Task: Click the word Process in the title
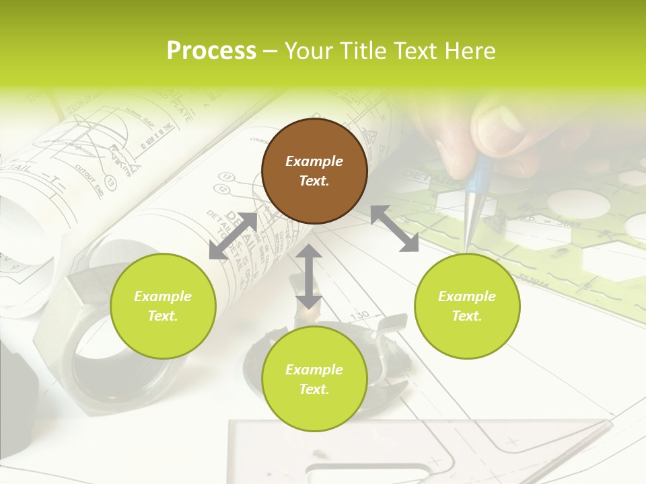tap(211, 51)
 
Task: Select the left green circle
tap(163, 306)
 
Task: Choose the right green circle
tap(467, 306)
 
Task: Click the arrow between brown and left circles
tap(233, 236)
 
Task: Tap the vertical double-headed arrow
tap(309, 276)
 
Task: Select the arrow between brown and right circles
tap(394, 229)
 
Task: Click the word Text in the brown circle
tap(314, 181)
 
